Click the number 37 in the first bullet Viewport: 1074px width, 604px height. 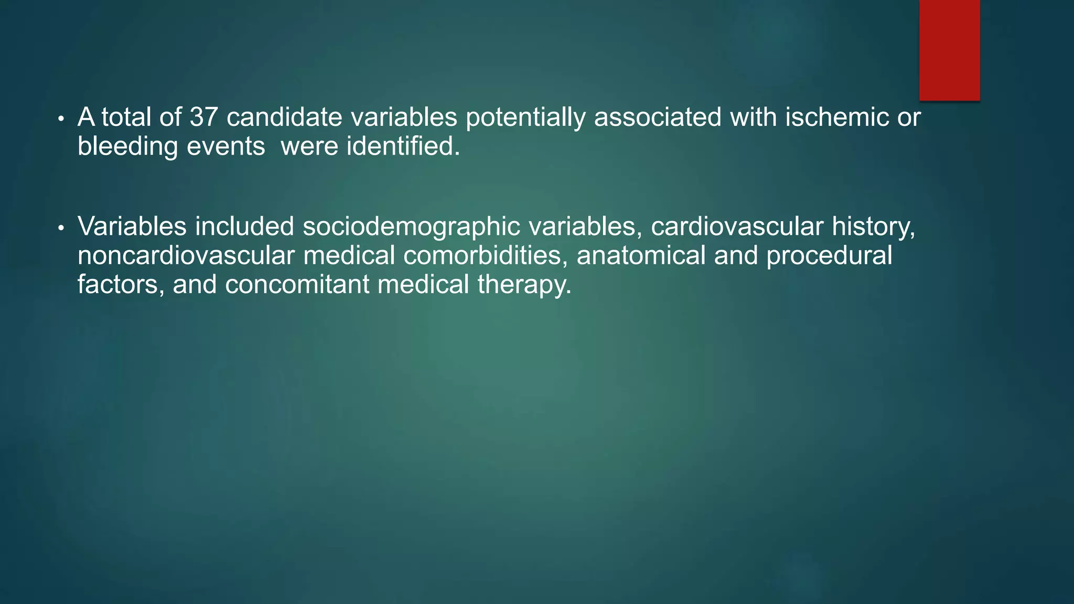pos(203,117)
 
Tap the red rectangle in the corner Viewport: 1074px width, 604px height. pos(949,50)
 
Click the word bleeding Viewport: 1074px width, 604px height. pos(127,146)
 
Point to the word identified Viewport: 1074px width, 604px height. pos(403,146)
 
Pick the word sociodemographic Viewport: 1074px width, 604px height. pos(411,227)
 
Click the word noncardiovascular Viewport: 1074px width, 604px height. pos(186,256)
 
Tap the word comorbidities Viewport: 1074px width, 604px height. pos(486,256)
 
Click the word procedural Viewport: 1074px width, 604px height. pos(829,256)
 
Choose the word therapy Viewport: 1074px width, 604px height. pos(524,285)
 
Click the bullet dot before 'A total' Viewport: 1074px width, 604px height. pos(61,119)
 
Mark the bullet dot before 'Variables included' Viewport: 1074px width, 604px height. pos(61,229)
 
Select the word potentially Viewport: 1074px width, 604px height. pos(525,117)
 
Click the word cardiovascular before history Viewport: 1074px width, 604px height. pos(737,227)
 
